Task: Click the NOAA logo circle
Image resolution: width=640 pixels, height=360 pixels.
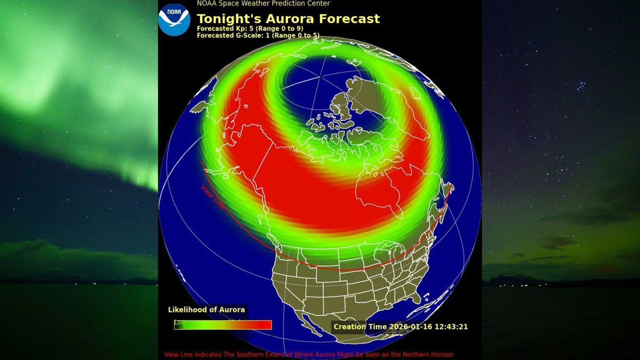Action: click(x=174, y=19)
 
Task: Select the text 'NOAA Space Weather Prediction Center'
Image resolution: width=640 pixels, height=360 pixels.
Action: click(x=263, y=4)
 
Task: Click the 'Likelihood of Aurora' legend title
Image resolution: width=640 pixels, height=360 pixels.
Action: click(x=206, y=310)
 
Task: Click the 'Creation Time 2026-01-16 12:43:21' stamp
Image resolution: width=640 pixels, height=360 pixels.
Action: click(x=400, y=326)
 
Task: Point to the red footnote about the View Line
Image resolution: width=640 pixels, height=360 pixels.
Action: click(x=309, y=355)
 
